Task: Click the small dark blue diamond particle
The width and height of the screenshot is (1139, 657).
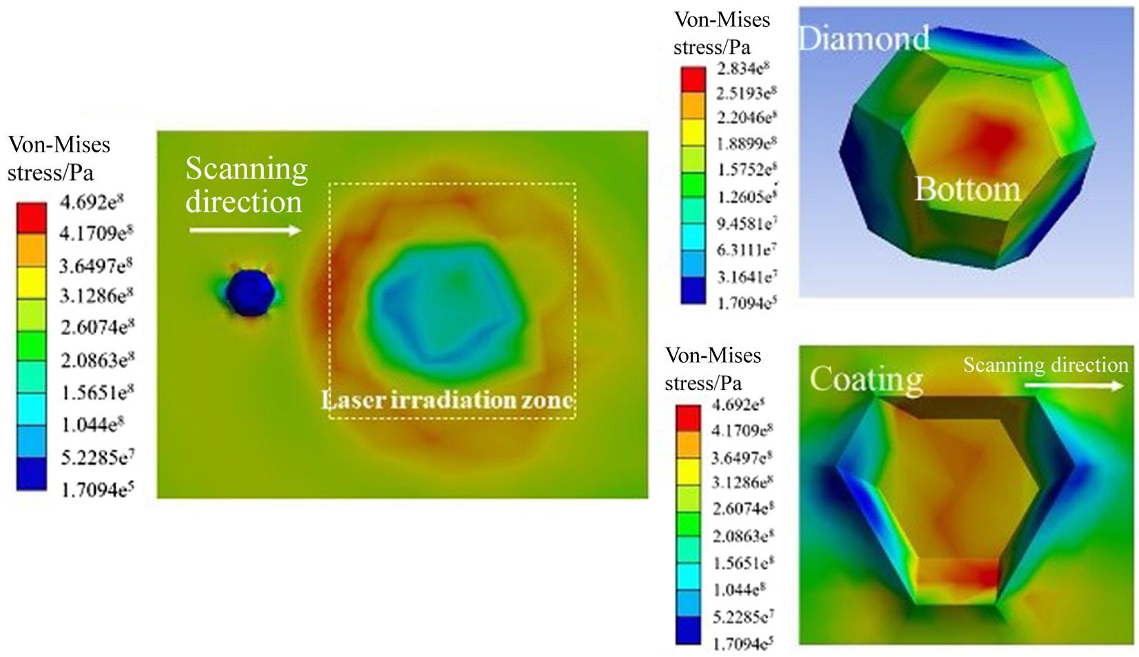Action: (251, 293)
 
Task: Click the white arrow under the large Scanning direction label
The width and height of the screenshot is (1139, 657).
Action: (245, 230)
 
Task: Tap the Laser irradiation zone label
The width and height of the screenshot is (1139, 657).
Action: (448, 400)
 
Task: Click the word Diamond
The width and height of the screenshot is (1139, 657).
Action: (864, 39)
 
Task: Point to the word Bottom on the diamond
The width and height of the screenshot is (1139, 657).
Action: (967, 189)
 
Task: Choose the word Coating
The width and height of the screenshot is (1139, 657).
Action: (866, 379)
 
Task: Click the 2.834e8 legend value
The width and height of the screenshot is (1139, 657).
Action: (743, 68)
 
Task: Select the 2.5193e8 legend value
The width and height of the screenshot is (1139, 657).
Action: (746, 93)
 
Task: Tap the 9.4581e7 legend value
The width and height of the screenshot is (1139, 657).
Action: (746, 223)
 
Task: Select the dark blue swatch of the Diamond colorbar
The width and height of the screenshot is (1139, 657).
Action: (693, 290)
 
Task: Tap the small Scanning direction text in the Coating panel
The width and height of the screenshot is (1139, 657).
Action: (1045, 365)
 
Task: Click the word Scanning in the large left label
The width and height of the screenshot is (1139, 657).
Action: (247, 169)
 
